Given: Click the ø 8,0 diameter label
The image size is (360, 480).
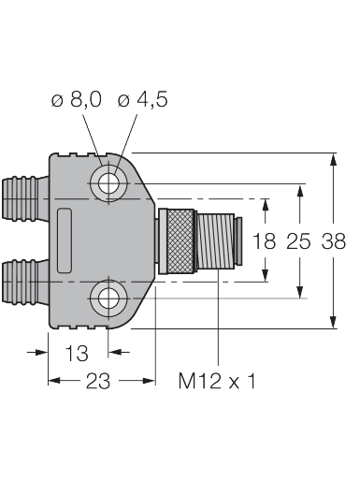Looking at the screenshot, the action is pyautogui.click(x=77, y=100).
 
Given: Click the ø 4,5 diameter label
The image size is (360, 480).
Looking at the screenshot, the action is pyautogui.click(x=143, y=100).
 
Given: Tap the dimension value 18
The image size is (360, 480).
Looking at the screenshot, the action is pyautogui.click(x=264, y=241).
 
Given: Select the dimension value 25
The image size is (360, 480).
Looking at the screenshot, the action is pyautogui.click(x=298, y=241).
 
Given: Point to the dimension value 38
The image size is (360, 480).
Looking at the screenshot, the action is pyautogui.click(x=334, y=241).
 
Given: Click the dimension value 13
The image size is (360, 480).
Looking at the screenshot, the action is pyautogui.click(x=77, y=354).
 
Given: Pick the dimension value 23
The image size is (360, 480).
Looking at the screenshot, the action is pyautogui.click(x=98, y=381).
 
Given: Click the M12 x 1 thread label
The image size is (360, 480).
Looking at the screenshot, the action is pyautogui.click(x=217, y=381).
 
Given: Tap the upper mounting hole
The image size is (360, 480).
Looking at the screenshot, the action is pyautogui.click(x=108, y=183).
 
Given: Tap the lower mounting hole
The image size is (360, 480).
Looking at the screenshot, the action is pyautogui.click(x=108, y=298).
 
